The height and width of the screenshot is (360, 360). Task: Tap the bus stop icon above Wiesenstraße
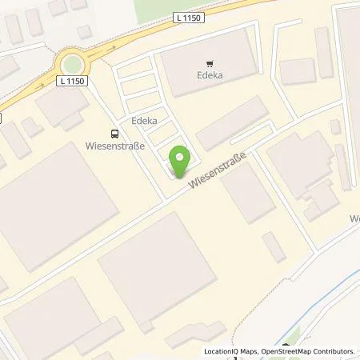114,134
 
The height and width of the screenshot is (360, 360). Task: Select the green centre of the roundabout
73,62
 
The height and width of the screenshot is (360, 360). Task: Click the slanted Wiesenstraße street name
217,172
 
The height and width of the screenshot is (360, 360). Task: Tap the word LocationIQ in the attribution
222,351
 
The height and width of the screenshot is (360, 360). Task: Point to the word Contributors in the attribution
334,351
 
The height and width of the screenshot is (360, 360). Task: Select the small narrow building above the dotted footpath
274,247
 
